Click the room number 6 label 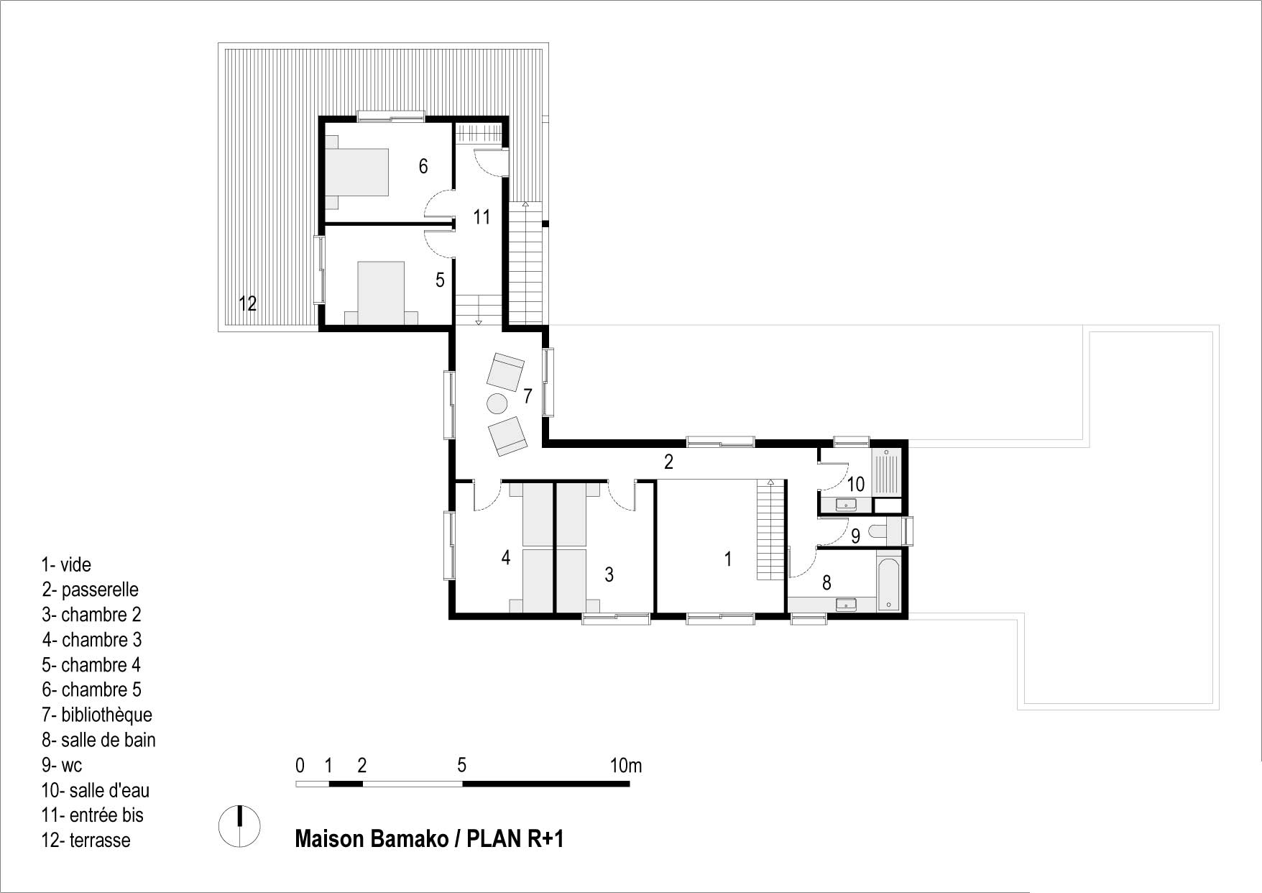click(423, 167)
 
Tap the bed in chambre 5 click(357, 173)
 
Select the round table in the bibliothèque click(497, 404)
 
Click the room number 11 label click(482, 216)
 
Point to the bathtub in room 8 click(888, 581)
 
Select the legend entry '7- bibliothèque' click(97, 715)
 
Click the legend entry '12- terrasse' click(86, 840)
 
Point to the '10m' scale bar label click(626, 766)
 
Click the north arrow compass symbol click(239, 825)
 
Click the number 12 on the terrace click(247, 303)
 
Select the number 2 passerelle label click(668, 462)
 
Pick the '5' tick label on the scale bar click(461, 766)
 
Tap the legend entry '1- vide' click(67, 564)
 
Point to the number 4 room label click(506, 557)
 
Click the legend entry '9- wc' click(62, 765)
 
